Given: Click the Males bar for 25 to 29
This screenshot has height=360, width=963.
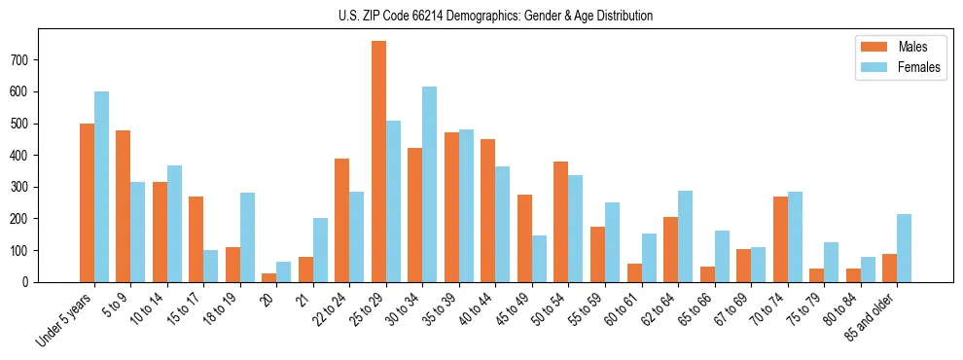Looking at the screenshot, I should [378, 162].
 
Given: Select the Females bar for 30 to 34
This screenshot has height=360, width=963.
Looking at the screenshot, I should [430, 184].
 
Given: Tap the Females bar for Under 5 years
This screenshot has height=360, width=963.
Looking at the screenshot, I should [101, 187].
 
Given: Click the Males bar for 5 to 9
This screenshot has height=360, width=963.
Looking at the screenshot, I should [123, 206].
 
